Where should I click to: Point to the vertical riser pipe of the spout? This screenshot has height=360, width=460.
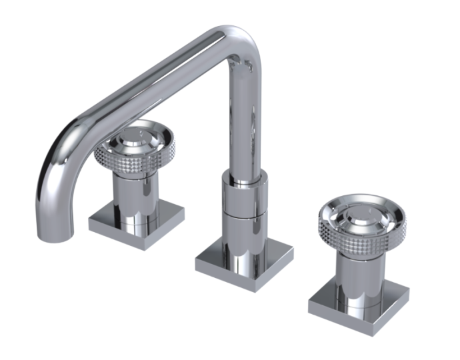click(x=245, y=120)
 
